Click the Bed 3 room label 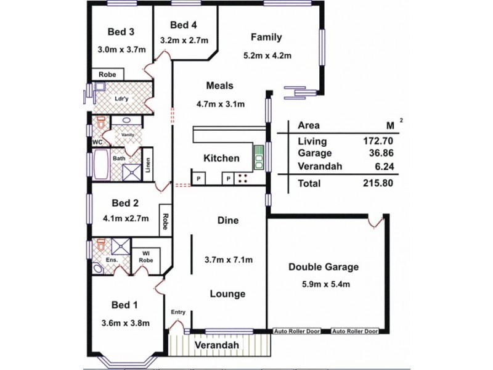(121, 32)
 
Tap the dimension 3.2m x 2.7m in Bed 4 (184, 41)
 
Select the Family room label (266, 37)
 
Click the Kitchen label (221, 158)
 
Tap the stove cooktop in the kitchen (243, 179)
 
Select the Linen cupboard (148, 165)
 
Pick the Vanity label (128, 134)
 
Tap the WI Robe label (146, 256)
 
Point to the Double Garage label (324, 267)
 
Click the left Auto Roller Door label (297, 331)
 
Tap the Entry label (178, 312)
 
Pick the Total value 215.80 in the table (377, 183)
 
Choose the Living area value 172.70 (378, 141)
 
